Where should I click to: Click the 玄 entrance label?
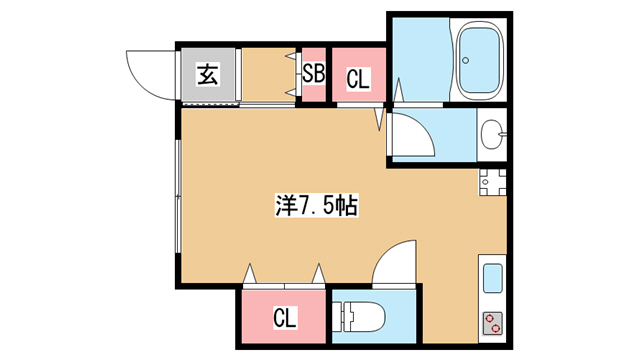point(208,74)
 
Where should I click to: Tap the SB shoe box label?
point(314,74)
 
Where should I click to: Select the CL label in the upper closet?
point(358,79)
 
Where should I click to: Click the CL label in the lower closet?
point(284,317)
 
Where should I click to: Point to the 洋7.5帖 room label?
point(316,205)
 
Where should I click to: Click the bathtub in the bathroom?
point(479,60)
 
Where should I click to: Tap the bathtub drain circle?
point(465,60)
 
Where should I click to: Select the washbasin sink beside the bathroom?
point(492,134)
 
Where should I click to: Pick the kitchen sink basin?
point(493,278)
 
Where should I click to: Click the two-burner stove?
point(493,323)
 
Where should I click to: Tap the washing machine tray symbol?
point(493,182)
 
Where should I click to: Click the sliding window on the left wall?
point(178,196)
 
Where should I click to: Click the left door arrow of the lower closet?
point(249,274)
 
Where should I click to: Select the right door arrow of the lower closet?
point(318,274)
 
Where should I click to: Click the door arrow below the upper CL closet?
point(380,118)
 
